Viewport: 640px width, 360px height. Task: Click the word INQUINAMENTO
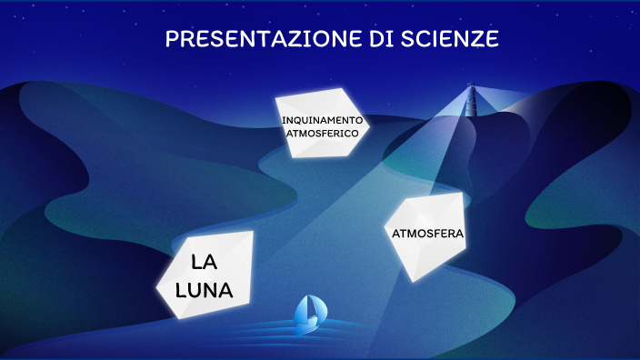click(322, 120)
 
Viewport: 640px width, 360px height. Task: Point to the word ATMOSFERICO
click(323, 133)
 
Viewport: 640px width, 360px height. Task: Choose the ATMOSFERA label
click(428, 234)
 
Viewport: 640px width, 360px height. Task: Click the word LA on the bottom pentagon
click(204, 264)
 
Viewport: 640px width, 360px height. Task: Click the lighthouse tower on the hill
click(470, 103)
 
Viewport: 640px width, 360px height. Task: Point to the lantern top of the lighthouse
click(470, 88)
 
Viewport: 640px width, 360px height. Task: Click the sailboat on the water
click(308, 312)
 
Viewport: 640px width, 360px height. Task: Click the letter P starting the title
click(172, 39)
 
